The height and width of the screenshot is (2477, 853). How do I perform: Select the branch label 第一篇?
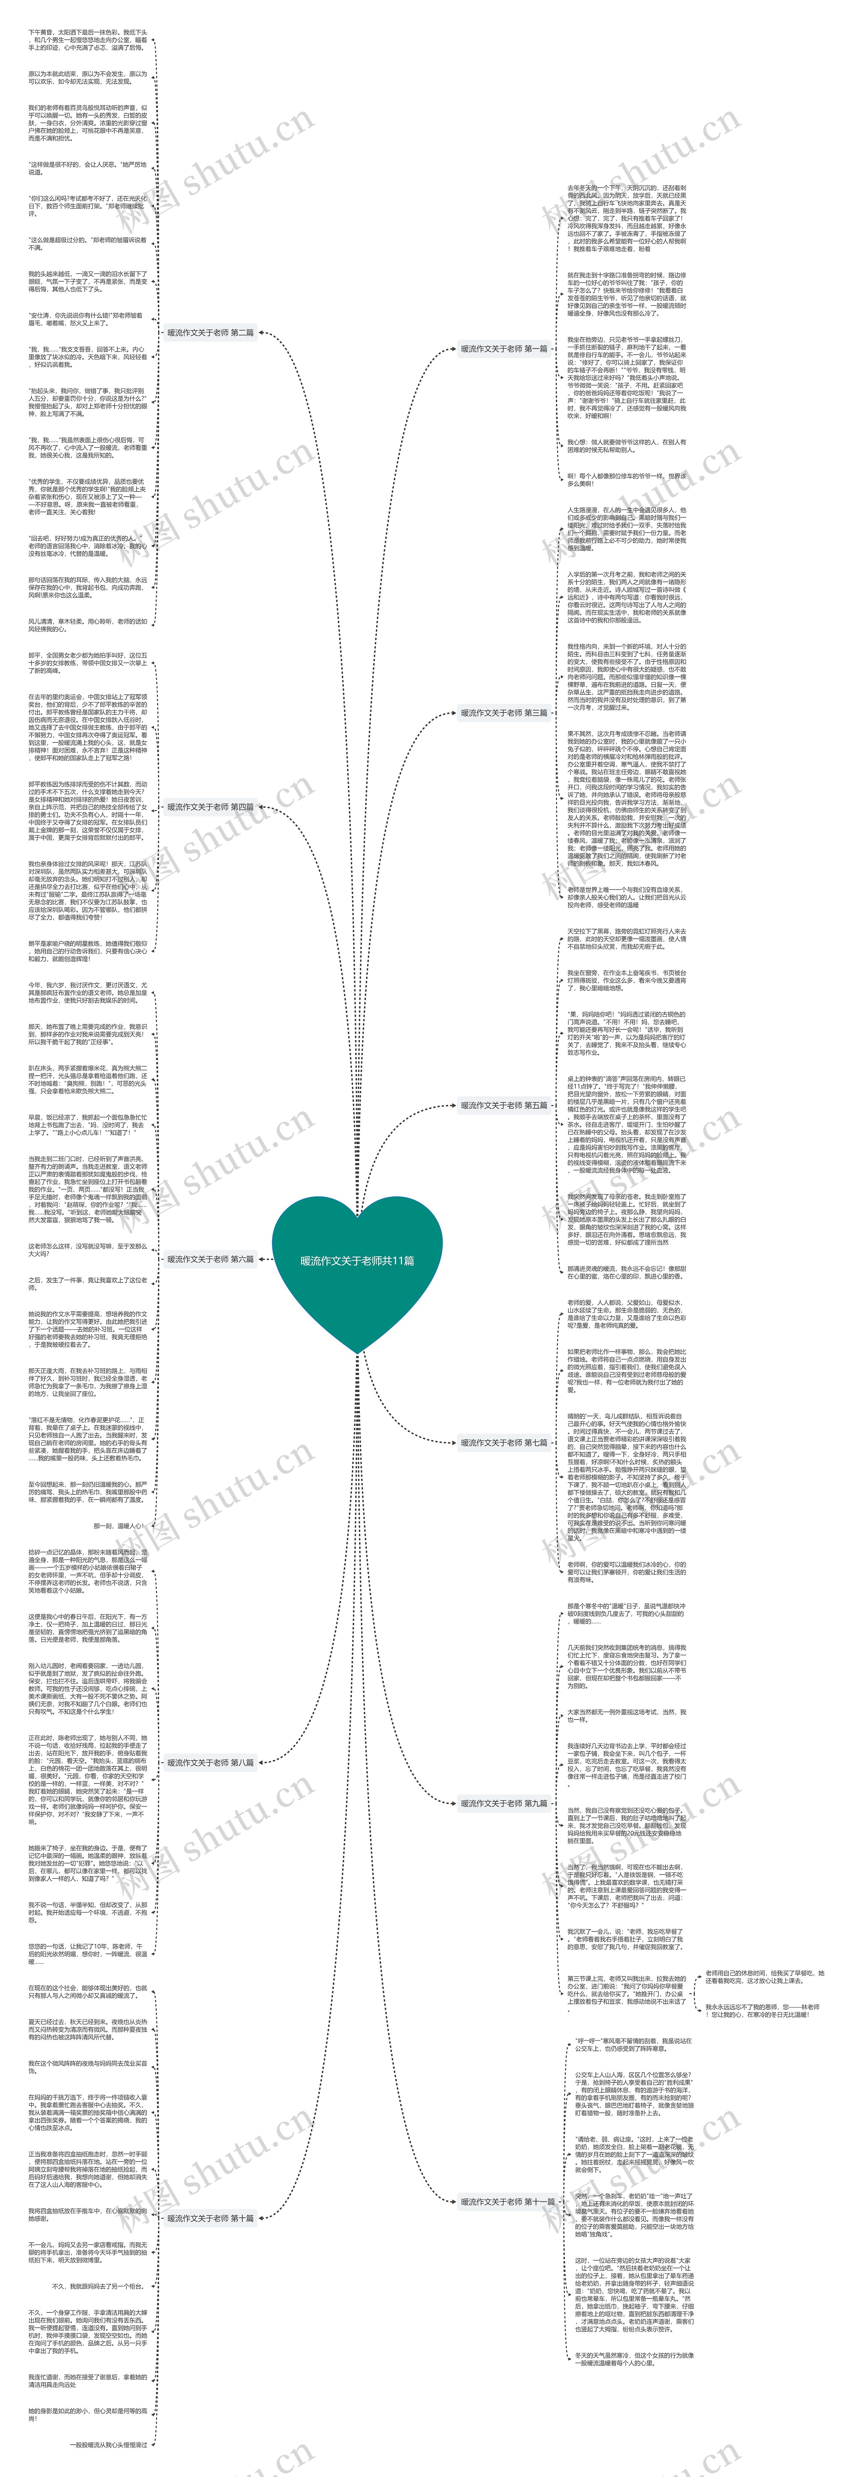(x=504, y=349)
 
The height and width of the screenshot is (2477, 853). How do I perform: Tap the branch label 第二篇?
(x=211, y=333)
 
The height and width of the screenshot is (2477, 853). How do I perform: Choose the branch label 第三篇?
(x=504, y=712)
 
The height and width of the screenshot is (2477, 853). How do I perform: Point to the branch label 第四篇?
(x=211, y=807)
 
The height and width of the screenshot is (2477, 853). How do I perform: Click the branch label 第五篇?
(x=504, y=1105)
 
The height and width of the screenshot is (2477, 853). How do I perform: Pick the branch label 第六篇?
(x=211, y=1259)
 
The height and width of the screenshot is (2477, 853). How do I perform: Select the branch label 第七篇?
(x=504, y=1442)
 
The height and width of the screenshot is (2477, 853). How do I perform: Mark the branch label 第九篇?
(x=504, y=1803)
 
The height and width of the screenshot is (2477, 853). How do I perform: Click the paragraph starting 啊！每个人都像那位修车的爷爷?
(x=627, y=479)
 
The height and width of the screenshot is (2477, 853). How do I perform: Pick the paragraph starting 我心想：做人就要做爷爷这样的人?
(x=627, y=445)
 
